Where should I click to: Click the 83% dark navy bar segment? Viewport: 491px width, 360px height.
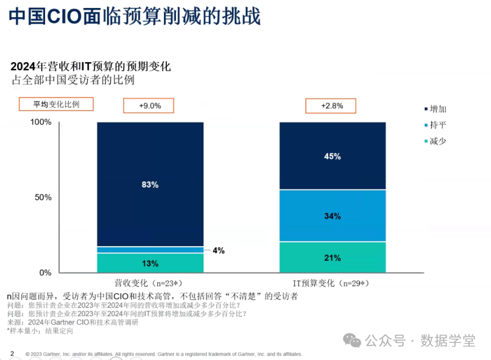click(150, 184)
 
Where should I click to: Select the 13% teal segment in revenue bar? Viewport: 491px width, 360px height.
click(150, 263)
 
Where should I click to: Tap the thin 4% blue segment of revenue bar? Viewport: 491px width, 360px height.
click(150, 250)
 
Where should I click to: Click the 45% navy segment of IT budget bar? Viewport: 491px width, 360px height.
click(332, 156)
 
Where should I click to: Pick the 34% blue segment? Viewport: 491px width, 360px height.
click(332, 216)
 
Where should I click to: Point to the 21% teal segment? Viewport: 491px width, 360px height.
click(332, 257)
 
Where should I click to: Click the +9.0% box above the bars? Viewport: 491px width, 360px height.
click(149, 105)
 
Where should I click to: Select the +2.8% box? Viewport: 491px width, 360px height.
click(331, 105)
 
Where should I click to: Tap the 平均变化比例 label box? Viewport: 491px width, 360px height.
click(57, 104)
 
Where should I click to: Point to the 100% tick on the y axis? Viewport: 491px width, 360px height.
click(41, 122)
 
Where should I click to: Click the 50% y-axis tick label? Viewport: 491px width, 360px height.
click(43, 197)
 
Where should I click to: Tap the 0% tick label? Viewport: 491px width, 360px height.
click(45, 272)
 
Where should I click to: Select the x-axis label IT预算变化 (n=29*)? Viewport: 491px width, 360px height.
click(332, 283)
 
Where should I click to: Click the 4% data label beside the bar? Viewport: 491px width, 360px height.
click(218, 250)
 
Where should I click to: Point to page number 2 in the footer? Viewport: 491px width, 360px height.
click(12, 353)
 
